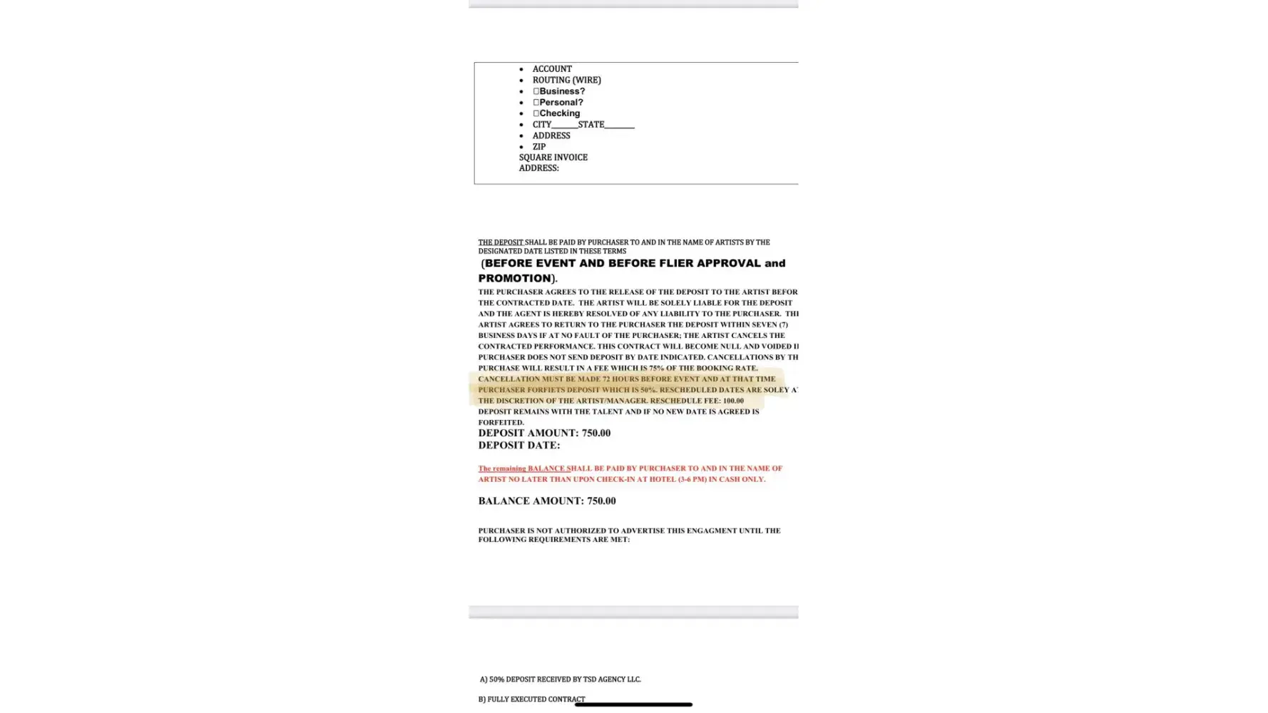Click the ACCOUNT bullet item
(x=551, y=69)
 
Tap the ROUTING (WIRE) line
(x=566, y=80)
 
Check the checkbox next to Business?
(x=536, y=91)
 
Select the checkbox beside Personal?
(x=536, y=102)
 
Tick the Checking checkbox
(x=536, y=113)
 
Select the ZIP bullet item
(x=538, y=147)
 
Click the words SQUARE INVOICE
(x=553, y=158)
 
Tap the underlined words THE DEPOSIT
(x=500, y=242)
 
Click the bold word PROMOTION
(x=514, y=279)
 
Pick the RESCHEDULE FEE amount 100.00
(x=732, y=401)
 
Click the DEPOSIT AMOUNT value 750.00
(x=595, y=434)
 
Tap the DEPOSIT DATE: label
(x=518, y=446)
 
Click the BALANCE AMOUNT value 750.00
(x=600, y=501)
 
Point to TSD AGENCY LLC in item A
(x=611, y=679)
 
